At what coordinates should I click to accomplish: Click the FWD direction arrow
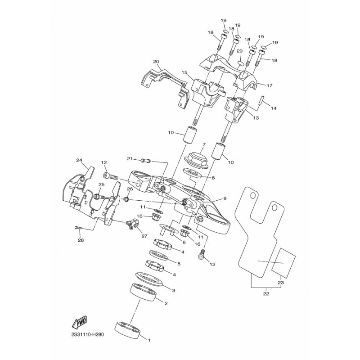(x=79, y=323)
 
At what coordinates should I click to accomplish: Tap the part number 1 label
(x=150, y=340)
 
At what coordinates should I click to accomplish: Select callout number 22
(x=266, y=294)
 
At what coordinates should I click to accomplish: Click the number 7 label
(x=203, y=145)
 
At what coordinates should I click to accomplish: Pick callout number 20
(x=156, y=62)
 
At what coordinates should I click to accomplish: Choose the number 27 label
(x=144, y=235)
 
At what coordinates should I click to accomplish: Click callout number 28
(x=80, y=240)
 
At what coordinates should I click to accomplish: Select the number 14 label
(x=274, y=108)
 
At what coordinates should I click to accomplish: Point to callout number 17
(x=270, y=85)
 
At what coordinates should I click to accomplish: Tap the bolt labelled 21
(x=144, y=160)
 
